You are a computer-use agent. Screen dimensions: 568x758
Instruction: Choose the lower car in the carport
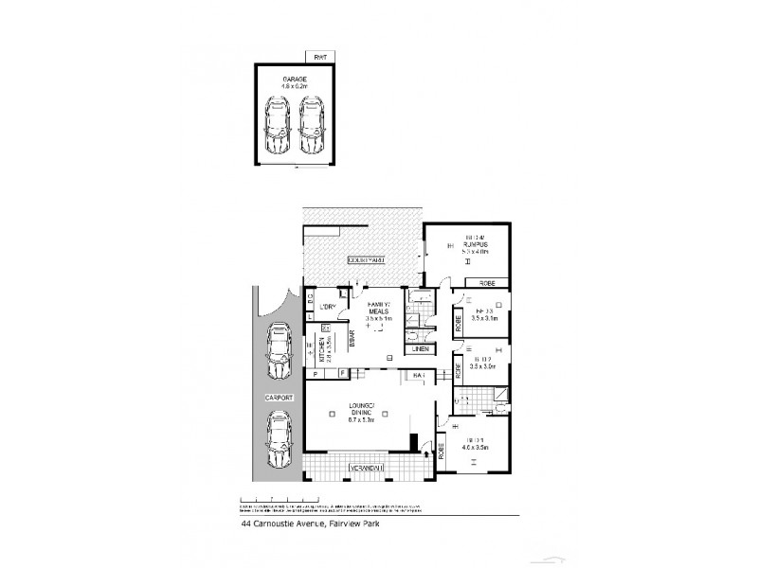pyautogui.click(x=280, y=443)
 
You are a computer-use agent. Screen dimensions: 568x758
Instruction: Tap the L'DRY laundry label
pyautogui.click(x=329, y=306)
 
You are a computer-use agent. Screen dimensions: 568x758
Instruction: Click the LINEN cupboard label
pyautogui.click(x=422, y=349)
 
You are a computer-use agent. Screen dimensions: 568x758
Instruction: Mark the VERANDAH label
pyautogui.click(x=365, y=468)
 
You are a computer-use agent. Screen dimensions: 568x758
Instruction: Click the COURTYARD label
pyautogui.click(x=365, y=257)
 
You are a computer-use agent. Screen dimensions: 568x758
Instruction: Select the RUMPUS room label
pyautogui.click(x=474, y=243)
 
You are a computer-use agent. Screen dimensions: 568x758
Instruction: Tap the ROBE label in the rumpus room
pyautogui.click(x=487, y=282)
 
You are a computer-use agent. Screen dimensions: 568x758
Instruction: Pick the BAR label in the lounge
pyautogui.click(x=419, y=377)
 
